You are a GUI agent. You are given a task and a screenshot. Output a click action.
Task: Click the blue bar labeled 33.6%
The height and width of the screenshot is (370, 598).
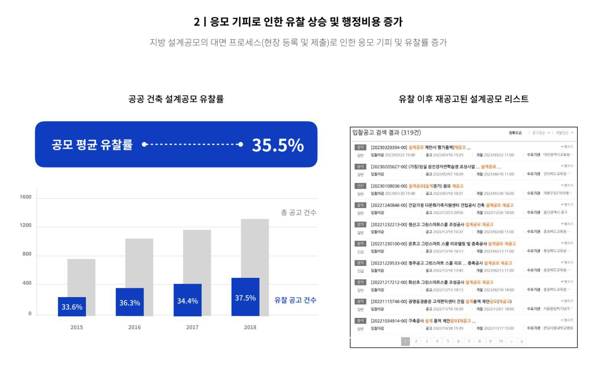tap(72, 306)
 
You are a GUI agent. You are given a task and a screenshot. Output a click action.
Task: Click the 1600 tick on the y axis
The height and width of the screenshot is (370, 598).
tap(25, 197)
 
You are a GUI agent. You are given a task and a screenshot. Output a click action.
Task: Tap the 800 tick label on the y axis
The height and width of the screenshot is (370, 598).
tap(27, 254)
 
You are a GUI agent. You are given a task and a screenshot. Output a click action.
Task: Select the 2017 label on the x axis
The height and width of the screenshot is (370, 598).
tap(192, 327)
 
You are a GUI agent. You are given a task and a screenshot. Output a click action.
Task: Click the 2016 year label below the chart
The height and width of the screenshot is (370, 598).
tap(134, 327)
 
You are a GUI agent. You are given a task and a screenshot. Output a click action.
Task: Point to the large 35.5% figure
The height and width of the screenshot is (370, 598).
tap(277, 145)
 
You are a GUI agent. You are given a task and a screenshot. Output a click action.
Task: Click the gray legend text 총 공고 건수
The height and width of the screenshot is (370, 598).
tap(298, 213)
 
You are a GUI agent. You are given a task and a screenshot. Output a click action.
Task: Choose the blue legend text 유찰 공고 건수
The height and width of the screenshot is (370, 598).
tap(295, 300)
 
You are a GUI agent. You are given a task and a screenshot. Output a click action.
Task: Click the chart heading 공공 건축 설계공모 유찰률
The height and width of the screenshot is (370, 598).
tap(176, 99)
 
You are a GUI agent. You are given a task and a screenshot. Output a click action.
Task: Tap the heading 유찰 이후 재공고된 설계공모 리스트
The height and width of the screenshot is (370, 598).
tap(463, 99)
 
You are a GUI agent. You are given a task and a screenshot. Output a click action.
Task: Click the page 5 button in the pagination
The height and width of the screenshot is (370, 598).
tap(448, 341)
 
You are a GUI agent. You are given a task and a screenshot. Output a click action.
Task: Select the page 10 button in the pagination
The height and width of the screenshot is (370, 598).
tap(501, 341)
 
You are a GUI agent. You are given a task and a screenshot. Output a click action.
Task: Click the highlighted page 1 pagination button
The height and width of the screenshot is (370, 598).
tap(405, 341)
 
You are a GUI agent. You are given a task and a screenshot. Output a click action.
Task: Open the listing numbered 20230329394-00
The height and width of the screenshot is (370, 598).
tap(420, 147)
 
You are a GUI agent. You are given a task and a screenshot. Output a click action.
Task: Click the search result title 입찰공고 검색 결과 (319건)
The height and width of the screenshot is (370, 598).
tap(386, 132)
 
